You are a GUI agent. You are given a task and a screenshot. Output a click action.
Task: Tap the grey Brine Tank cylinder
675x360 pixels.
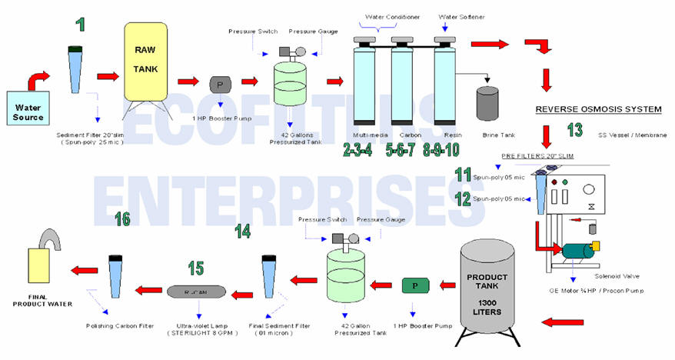pyautogui.click(x=488, y=102)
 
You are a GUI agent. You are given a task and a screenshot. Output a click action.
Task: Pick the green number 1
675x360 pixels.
pyautogui.click(x=80, y=24)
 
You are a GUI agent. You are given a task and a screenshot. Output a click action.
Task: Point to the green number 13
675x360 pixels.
pyautogui.click(x=574, y=129)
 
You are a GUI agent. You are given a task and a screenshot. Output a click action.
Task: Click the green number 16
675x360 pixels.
pyautogui.click(x=121, y=219)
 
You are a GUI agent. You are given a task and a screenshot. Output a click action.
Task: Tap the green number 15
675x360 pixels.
pyautogui.click(x=196, y=268)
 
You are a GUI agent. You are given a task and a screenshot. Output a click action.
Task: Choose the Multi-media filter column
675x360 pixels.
pyautogui.click(x=364, y=81)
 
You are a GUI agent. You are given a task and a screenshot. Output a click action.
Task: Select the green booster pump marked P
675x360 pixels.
pyautogui.click(x=416, y=286)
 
